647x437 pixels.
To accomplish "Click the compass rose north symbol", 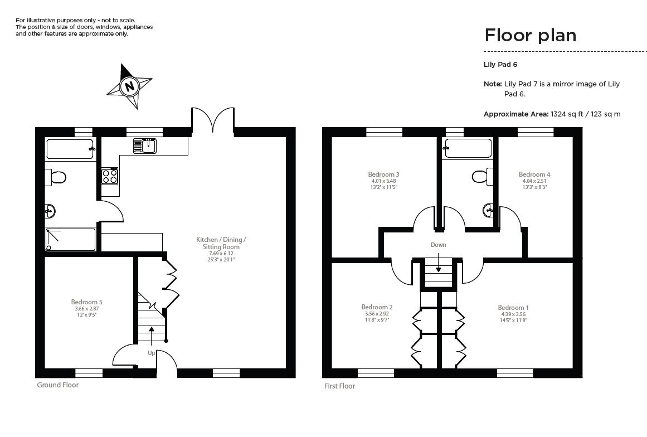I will [x=130, y=86].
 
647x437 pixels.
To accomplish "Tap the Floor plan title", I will [x=530, y=35].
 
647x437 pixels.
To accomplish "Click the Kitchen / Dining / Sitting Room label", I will [x=221, y=243].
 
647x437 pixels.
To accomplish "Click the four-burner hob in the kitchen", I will [x=110, y=176].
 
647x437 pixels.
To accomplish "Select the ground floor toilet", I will [x=56, y=177].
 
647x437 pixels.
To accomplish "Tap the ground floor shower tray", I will [x=70, y=239].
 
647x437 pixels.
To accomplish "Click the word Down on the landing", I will [x=438, y=245].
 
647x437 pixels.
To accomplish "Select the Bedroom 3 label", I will [x=383, y=174].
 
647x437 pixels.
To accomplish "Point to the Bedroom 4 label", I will [x=534, y=174].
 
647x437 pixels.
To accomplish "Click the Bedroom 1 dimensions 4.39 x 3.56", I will [x=513, y=314].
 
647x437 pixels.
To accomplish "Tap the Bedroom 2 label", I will [x=377, y=307].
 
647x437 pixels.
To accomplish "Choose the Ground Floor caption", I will [x=57, y=385].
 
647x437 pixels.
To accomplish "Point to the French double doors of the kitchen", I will [x=212, y=120].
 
